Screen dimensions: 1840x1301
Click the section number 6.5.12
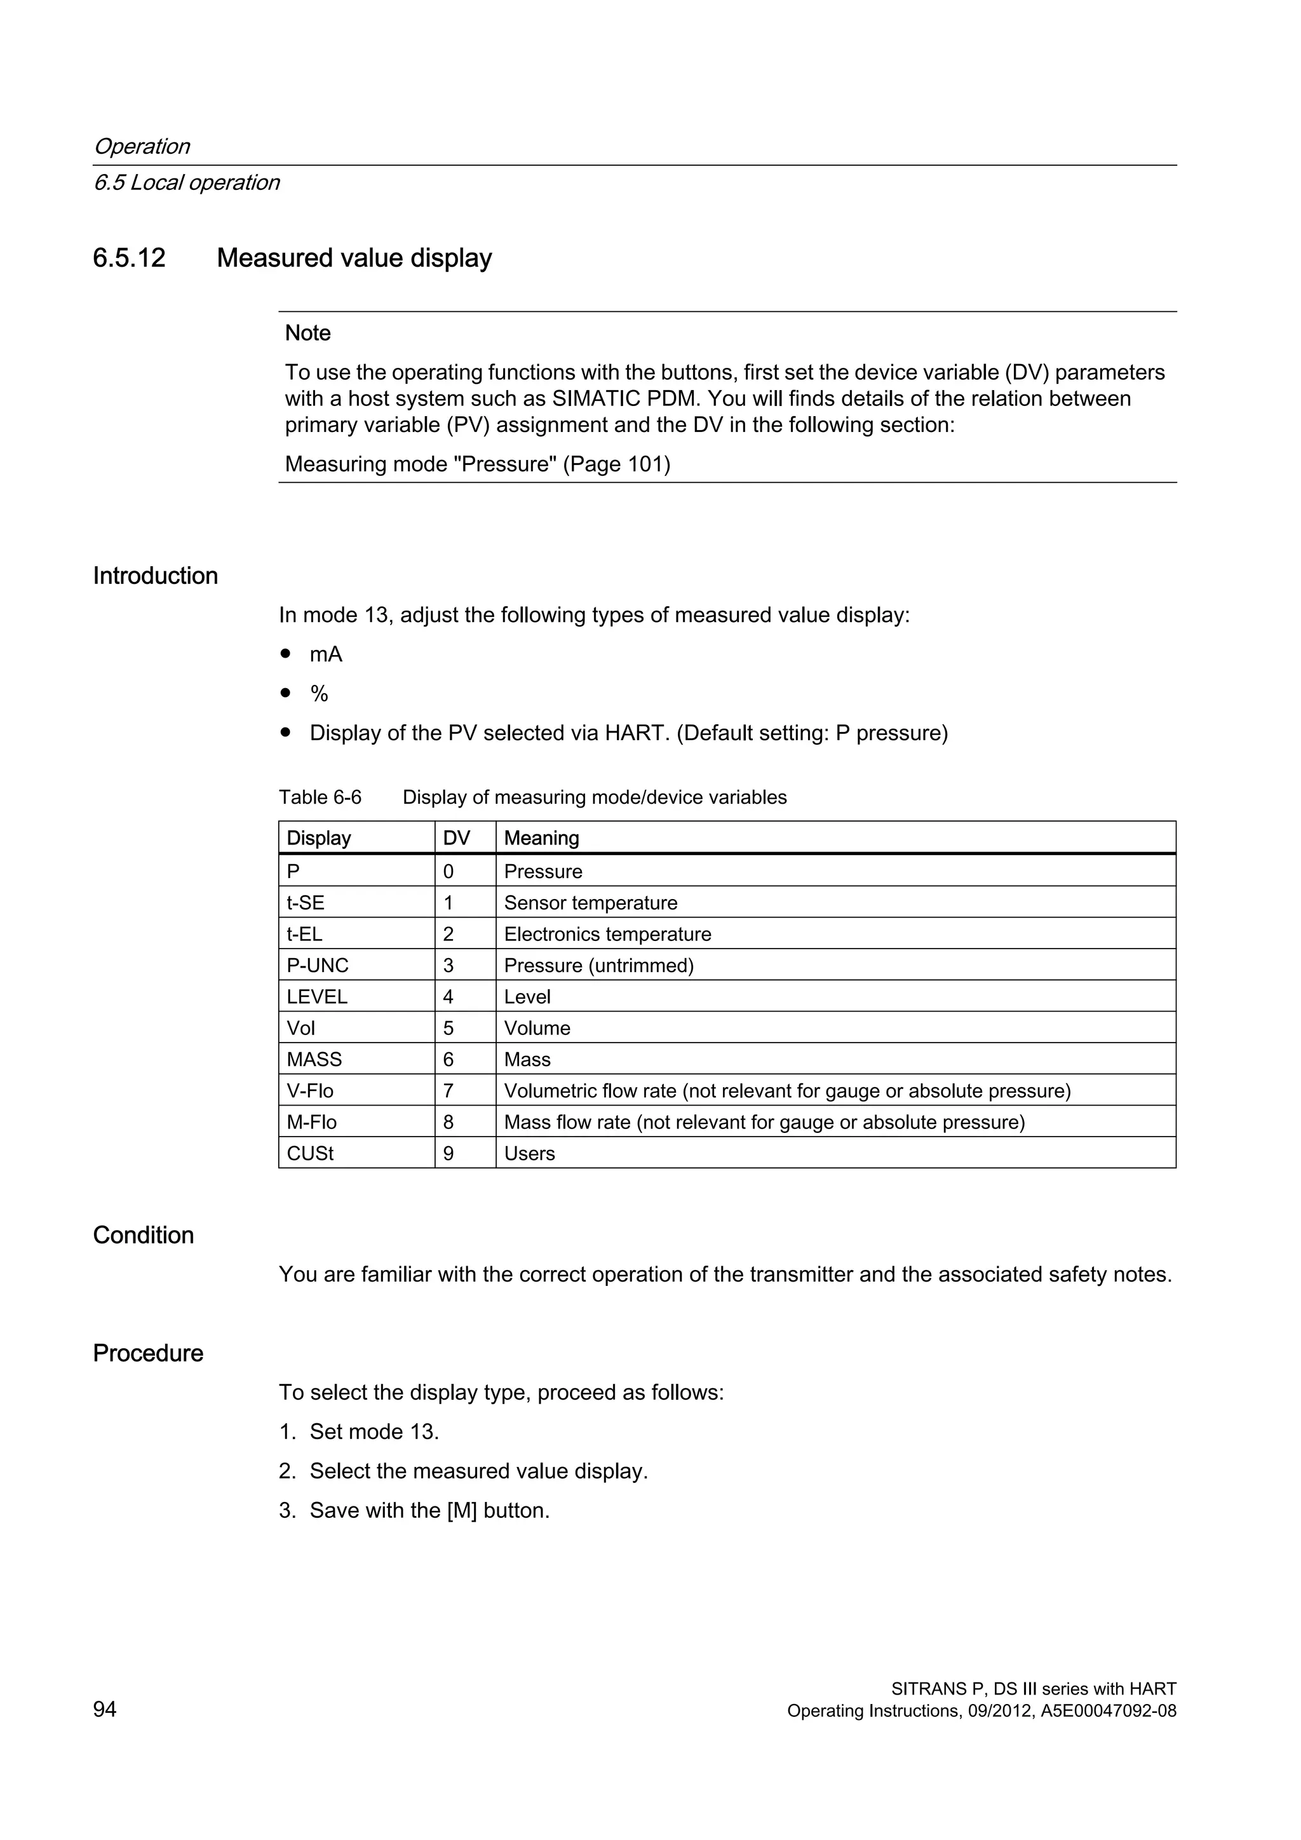click(x=129, y=258)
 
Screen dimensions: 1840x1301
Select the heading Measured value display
click(x=354, y=258)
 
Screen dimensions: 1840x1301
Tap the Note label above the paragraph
click(x=307, y=334)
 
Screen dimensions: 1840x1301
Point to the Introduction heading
click(x=156, y=576)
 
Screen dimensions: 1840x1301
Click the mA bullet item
click(x=326, y=655)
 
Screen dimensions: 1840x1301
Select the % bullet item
click(x=319, y=694)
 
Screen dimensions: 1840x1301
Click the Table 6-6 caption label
click(x=320, y=797)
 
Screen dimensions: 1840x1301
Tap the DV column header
click(x=457, y=838)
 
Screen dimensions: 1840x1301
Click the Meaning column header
click(x=541, y=838)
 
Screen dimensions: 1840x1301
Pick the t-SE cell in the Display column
click(x=305, y=903)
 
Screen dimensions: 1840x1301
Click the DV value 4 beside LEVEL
click(x=448, y=997)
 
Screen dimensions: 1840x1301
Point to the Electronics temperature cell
click(x=607, y=935)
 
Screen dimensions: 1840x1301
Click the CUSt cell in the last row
click(x=310, y=1153)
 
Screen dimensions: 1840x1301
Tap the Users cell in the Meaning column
click(x=530, y=1153)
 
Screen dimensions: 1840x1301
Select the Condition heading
click(x=144, y=1235)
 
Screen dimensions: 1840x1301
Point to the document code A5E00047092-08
click(x=1108, y=1711)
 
